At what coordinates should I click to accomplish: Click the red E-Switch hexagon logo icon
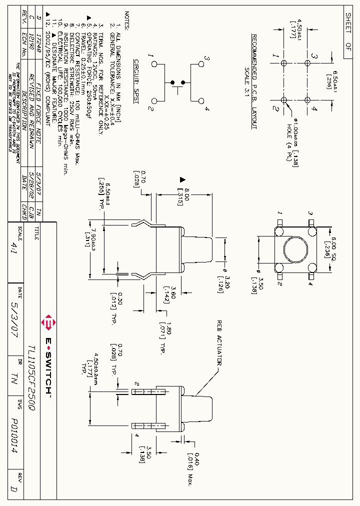pyautogui.click(x=49, y=323)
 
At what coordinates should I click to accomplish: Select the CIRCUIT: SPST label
pyautogui.click(x=136, y=81)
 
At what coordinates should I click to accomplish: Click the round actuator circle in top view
pyautogui.click(x=294, y=248)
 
